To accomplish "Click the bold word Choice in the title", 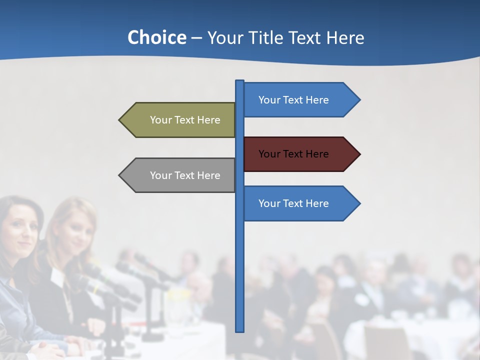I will tap(156, 37).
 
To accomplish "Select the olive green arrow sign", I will tap(180, 120).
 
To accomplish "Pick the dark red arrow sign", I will tap(300, 154).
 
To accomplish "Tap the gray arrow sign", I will tap(180, 175).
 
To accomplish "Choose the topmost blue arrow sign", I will tap(300, 100).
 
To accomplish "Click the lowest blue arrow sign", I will tap(300, 203).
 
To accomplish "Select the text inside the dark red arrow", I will tap(293, 154).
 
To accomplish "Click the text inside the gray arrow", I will tap(185, 175).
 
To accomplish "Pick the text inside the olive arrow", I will tap(185, 120).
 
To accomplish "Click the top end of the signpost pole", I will tap(240, 81).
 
